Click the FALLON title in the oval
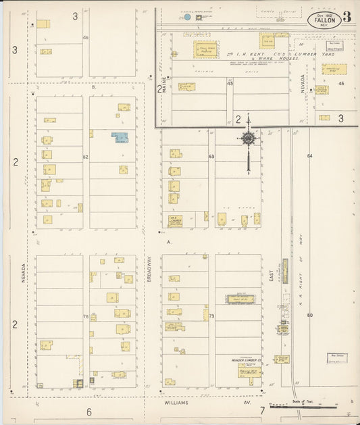coord(324,20)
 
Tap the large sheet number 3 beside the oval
coord(346,17)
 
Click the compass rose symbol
coord(248,139)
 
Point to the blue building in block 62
coord(120,138)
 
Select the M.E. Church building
coord(175,220)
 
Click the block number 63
coord(211,157)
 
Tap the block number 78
coord(86,316)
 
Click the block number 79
coord(211,316)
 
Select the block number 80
coord(310,316)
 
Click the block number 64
coord(310,156)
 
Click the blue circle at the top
coord(187,17)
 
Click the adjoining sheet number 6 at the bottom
coord(88,411)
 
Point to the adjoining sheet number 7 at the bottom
coord(261,410)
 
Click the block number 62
coord(86,157)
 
